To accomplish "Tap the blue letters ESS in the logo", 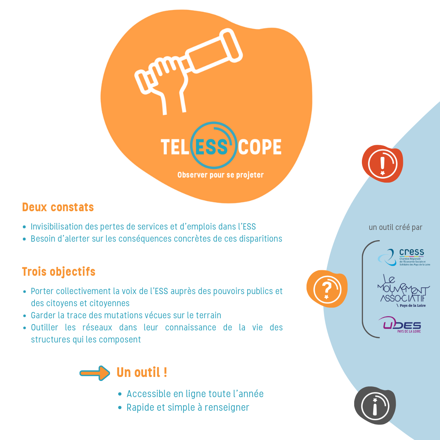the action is coord(212,147).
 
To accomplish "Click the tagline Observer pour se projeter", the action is coord(220,175).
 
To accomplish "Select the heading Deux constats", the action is coord(58,207).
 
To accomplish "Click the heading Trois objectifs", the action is coord(59,272).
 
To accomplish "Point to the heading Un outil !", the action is coord(142,373).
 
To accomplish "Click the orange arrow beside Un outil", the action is coord(95,373).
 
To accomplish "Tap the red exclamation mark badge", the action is coord(382,164).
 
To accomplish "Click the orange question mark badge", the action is coord(327,289).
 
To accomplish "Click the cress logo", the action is coord(404,257).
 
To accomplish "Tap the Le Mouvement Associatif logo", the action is coord(403,291).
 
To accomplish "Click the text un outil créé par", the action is coord(396,227).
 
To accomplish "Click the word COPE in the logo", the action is coord(260,147).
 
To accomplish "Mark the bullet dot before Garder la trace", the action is coord(25,316).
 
